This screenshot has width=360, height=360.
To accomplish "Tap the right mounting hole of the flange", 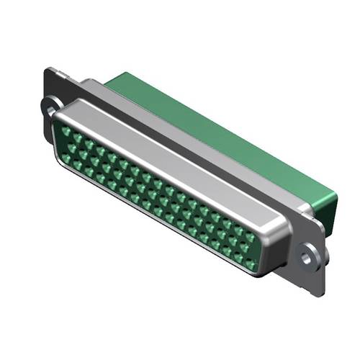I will pyautogui.click(x=310, y=253).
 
